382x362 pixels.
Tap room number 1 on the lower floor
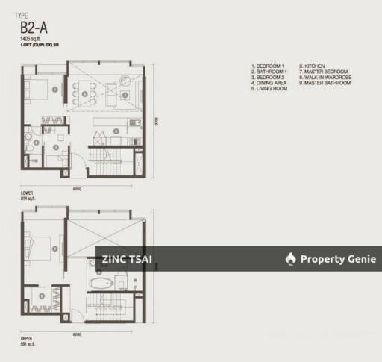[57, 87]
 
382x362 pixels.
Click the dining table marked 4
[85, 95]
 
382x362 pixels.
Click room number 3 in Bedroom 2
[57, 147]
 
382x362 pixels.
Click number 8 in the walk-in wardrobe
[41, 296]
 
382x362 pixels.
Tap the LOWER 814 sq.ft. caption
[28, 195]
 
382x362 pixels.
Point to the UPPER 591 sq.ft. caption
[28, 338]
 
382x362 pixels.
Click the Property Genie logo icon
[290, 259]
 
